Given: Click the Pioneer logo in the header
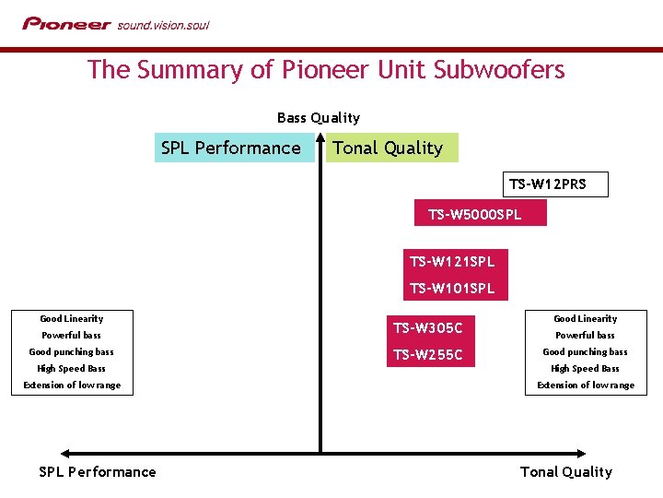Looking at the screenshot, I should (x=66, y=24).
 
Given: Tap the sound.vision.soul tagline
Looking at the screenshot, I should (x=163, y=25).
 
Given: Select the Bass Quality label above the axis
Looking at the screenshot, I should (x=319, y=118).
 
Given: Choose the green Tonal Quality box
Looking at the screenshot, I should (x=391, y=148).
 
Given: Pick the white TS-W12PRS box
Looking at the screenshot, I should (x=547, y=184).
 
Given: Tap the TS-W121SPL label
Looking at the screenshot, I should (x=452, y=262).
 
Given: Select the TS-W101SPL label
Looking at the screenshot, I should (x=452, y=289).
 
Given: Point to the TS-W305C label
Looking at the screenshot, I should (x=428, y=327).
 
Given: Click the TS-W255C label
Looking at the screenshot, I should (x=428, y=354).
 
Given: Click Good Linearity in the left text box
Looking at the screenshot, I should (x=72, y=319).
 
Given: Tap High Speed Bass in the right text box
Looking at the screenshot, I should (x=585, y=369).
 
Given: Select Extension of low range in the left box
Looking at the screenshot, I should (x=72, y=385).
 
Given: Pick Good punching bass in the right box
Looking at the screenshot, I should (x=585, y=352).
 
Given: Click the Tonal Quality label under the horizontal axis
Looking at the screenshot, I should (x=565, y=472).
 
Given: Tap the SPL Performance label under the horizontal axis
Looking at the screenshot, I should (x=98, y=472).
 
